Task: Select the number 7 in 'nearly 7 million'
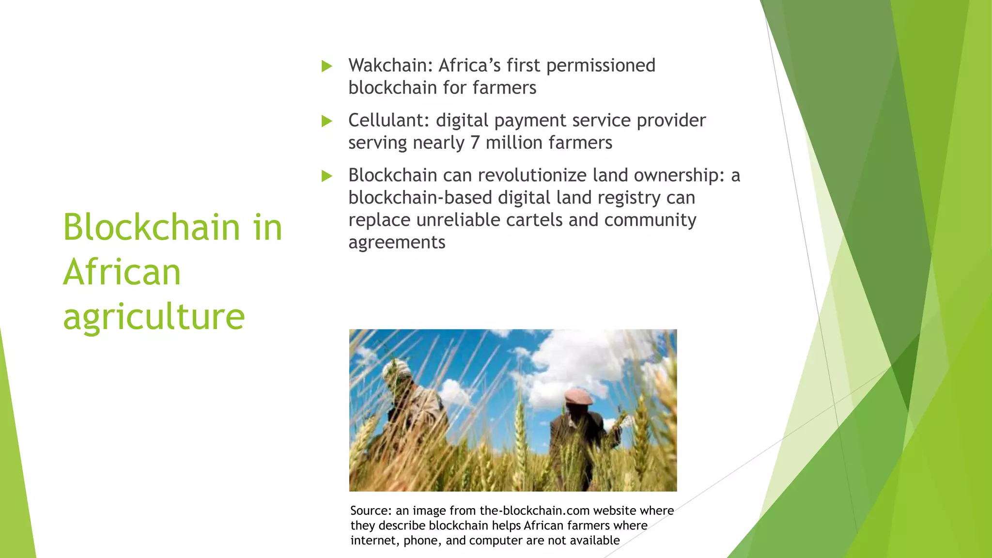[475, 143]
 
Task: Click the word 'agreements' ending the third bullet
[397, 243]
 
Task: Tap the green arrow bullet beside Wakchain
[327, 66]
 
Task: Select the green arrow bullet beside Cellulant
[327, 121]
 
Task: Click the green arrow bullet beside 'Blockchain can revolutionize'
[327, 176]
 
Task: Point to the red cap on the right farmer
[579, 396]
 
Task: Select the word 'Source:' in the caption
[371, 511]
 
